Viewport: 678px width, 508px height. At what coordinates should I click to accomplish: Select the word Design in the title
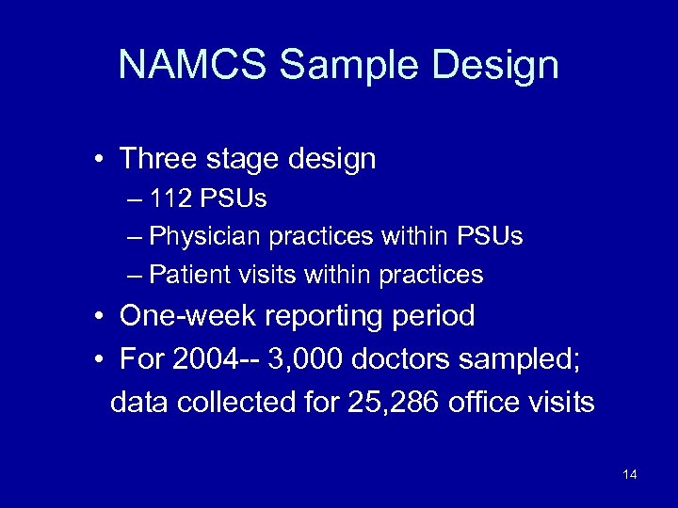(x=502, y=65)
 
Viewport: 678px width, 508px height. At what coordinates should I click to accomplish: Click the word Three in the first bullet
(x=156, y=159)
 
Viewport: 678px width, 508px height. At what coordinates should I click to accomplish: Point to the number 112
(x=169, y=199)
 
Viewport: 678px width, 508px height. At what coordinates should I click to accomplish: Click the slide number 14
(x=630, y=474)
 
